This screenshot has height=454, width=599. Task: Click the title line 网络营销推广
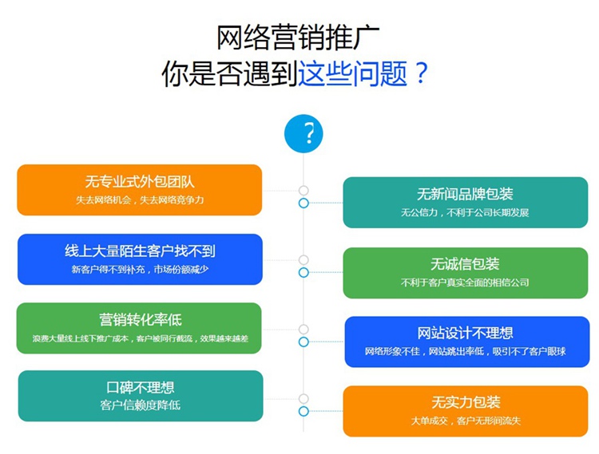click(x=299, y=38)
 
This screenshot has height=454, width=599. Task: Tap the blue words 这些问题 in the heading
click(x=352, y=73)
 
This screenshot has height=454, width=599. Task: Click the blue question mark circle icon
click(x=303, y=134)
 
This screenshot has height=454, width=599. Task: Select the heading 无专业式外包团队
click(x=140, y=182)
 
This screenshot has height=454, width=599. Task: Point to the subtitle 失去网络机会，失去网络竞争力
click(x=140, y=200)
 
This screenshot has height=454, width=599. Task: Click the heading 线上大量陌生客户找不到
click(x=141, y=251)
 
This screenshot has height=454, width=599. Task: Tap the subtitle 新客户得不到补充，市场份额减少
click(x=141, y=270)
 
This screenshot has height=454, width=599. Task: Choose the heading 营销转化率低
click(x=141, y=320)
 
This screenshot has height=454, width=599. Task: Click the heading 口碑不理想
click(x=141, y=388)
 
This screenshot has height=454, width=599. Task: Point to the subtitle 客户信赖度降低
click(x=141, y=405)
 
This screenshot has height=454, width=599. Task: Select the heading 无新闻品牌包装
click(x=465, y=194)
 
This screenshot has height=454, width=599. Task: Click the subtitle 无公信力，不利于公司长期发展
click(x=465, y=212)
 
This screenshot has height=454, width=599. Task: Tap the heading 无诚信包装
click(x=465, y=264)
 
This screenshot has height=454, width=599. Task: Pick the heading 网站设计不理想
click(x=465, y=333)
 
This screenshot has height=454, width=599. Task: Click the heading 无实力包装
click(x=466, y=402)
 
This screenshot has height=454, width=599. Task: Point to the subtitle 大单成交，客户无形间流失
click(x=466, y=420)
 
